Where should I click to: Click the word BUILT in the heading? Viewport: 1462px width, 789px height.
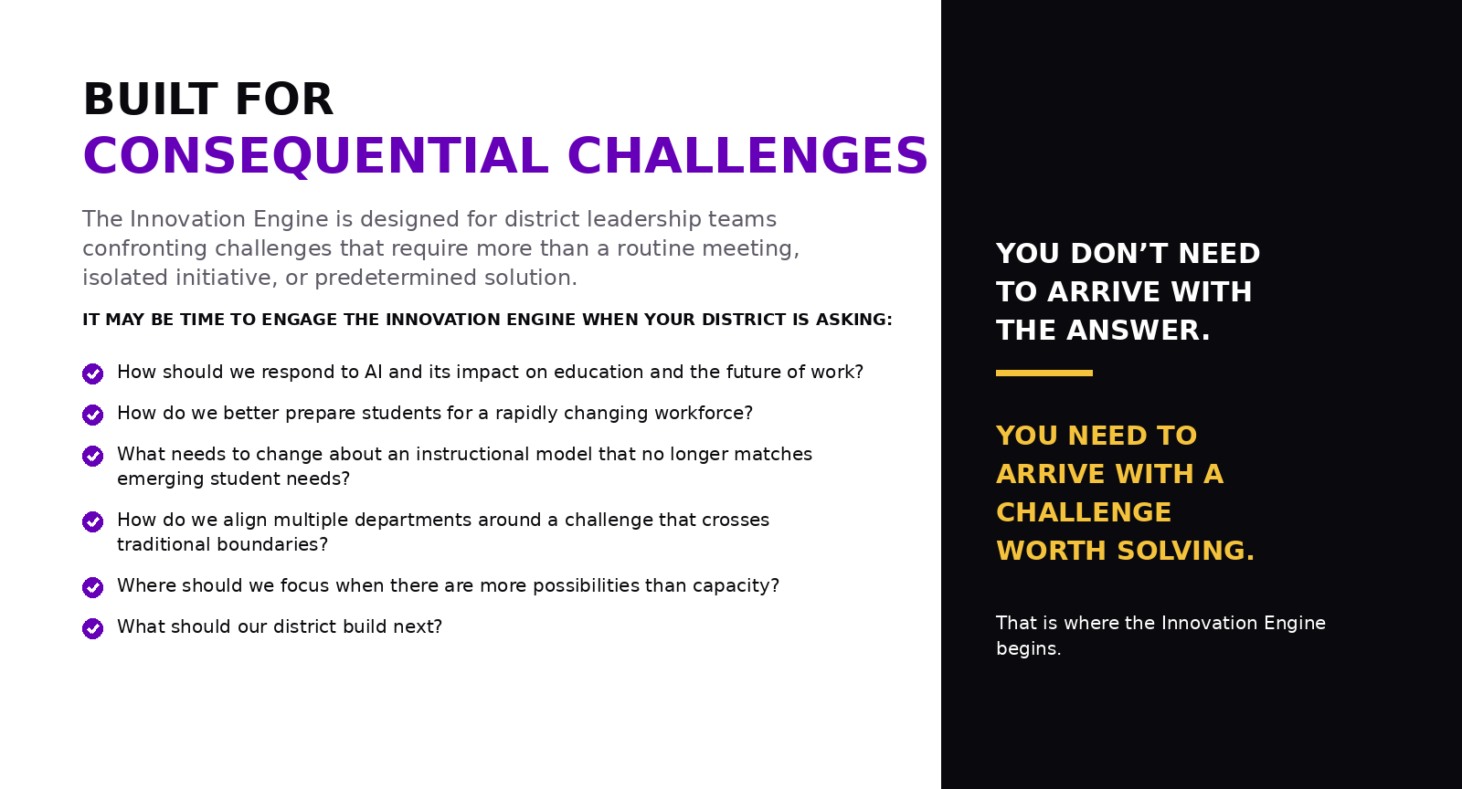pos(150,100)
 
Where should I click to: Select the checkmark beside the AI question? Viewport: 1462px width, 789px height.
pos(92,373)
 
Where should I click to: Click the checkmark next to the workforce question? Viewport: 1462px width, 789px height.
pos(92,415)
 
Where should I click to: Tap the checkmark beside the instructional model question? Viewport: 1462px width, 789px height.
pos(92,456)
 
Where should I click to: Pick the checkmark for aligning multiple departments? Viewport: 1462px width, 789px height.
pos(92,521)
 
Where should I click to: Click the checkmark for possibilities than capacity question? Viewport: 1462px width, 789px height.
pos(92,587)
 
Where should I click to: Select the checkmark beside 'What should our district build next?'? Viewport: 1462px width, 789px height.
pos(92,628)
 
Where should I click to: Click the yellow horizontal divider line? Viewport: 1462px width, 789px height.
pos(1044,373)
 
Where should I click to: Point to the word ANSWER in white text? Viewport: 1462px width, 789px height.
pos(1139,331)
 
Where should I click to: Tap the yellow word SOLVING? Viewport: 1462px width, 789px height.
pos(1186,551)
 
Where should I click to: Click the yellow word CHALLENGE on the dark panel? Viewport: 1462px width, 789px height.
pos(1084,512)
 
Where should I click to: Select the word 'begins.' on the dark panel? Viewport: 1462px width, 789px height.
pos(1029,648)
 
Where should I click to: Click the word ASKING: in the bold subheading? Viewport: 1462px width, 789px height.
pos(854,320)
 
